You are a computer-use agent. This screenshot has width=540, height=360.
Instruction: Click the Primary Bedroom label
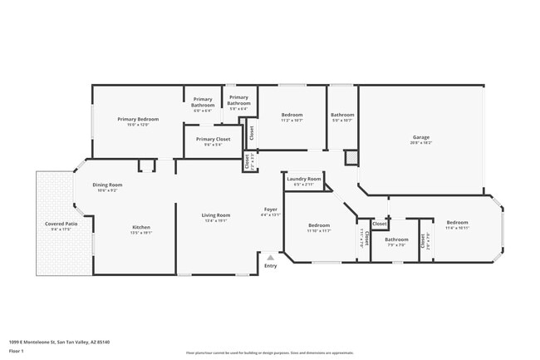(138, 119)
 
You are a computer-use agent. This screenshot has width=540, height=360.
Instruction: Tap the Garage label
(421, 137)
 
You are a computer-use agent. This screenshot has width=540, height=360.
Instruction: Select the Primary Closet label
(213, 139)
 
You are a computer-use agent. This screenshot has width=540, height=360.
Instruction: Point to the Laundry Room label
(304, 179)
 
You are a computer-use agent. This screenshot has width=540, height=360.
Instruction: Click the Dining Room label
(107, 185)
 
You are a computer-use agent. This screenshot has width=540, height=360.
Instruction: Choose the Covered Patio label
(61, 224)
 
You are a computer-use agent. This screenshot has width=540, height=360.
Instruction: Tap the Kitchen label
(141, 227)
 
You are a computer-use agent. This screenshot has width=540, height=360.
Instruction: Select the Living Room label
(216, 215)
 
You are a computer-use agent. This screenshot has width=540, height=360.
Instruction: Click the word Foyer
(271, 209)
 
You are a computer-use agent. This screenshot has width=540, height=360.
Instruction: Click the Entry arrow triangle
(270, 258)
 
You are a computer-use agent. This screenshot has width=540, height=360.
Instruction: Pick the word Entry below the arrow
(271, 266)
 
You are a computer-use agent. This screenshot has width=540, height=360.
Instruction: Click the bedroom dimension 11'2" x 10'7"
(292, 120)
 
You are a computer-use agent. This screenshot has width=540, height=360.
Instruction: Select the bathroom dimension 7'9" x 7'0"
(395, 245)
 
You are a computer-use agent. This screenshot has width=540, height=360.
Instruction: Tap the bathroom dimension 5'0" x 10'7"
(342, 120)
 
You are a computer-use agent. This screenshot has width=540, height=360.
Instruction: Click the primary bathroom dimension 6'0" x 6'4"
(203, 111)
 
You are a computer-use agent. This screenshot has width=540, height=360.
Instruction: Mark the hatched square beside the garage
(351, 156)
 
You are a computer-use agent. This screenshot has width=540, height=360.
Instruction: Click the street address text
(60, 341)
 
